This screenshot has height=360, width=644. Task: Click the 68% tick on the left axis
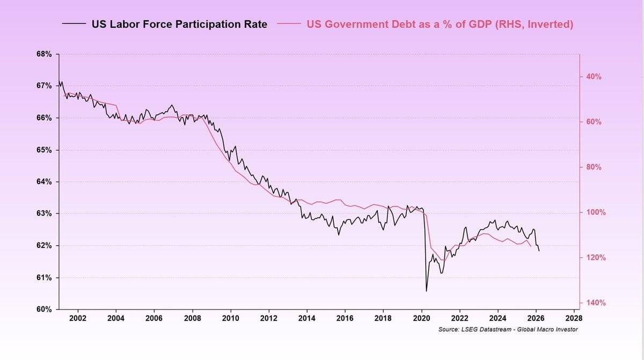(x=44, y=54)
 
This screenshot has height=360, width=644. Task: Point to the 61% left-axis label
(x=44, y=277)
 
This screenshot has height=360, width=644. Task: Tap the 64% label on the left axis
(x=44, y=181)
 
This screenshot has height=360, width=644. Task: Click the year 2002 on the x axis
(x=78, y=318)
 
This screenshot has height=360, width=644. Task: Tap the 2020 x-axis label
(x=421, y=318)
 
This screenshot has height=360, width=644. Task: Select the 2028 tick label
(x=574, y=318)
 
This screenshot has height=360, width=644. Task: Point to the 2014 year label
(x=307, y=318)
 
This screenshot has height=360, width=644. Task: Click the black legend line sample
(x=74, y=24)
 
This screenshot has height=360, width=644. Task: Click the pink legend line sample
(x=289, y=24)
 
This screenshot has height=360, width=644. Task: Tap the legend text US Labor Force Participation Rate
(x=179, y=24)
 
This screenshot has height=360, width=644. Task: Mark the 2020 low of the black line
(x=426, y=291)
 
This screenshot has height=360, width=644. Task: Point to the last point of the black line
(x=539, y=251)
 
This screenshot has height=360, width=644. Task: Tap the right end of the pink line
(x=531, y=246)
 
